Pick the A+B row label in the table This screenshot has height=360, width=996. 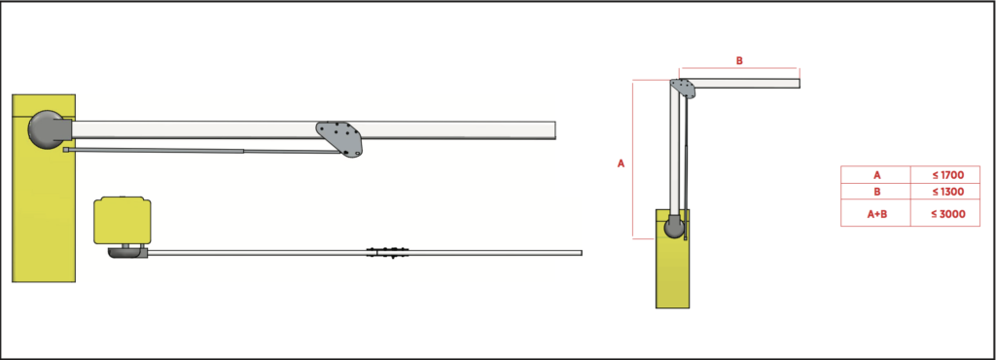pyautogui.click(x=876, y=214)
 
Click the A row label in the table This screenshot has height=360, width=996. pyautogui.click(x=876, y=174)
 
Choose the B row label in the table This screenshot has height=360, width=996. pyautogui.click(x=876, y=192)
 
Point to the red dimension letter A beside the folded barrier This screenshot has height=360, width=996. pyautogui.click(x=621, y=163)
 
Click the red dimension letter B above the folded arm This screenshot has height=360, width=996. pyautogui.click(x=738, y=60)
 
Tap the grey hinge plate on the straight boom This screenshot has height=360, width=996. pyautogui.click(x=340, y=137)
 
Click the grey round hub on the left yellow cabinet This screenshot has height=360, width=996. pyautogui.click(x=46, y=129)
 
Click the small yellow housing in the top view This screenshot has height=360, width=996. pyautogui.click(x=123, y=221)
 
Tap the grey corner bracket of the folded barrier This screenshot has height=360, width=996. pyautogui.click(x=684, y=89)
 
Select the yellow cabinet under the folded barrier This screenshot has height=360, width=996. pyautogui.click(x=672, y=272)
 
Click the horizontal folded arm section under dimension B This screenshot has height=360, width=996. pyautogui.click(x=749, y=83)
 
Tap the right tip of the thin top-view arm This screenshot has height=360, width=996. pyautogui.click(x=579, y=253)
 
